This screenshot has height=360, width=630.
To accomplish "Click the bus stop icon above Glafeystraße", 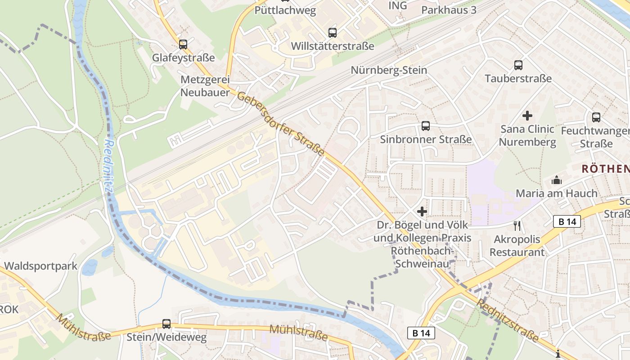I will pyautogui.click(x=183, y=44).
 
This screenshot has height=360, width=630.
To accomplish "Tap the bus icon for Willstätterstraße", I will pyautogui.click(x=333, y=32).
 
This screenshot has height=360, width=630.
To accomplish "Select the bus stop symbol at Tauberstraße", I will pyautogui.click(x=518, y=65).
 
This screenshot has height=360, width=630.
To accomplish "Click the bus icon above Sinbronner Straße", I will pyautogui.click(x=426, y=126).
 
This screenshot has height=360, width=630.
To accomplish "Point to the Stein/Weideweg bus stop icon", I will pyautogui.click(x=166, y=324).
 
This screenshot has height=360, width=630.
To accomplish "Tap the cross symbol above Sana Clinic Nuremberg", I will pyautogui.click(x=527, y=116).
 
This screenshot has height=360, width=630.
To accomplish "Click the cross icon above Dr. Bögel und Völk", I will pyautogui.click(x=422, y=211).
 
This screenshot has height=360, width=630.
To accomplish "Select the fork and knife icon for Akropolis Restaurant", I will pyautogui.click(x=517, y=225).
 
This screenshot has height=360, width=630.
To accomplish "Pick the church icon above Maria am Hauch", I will pyautogui.click(x=557, y=180).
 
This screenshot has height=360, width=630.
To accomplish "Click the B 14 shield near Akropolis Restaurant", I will pyautogui.click(x=567, y=221).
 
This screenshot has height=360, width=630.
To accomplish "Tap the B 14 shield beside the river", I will pyautogui.click(x=421, y=333).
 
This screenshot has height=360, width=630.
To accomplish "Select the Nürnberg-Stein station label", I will pyautogui.click(x=389, y=70).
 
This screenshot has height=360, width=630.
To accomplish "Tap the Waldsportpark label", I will pyautogui.click(x=40, y=265).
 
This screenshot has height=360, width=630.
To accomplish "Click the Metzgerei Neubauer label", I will pyautogui.click(x=205, y=86).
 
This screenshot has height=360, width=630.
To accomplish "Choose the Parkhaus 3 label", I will pyautogui.click(x=449, y=9).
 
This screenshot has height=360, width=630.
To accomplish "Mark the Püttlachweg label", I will pyautogui.click(x=285, y=10).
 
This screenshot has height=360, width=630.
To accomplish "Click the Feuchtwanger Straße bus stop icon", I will pyautogui.click(x=596, y=117).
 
